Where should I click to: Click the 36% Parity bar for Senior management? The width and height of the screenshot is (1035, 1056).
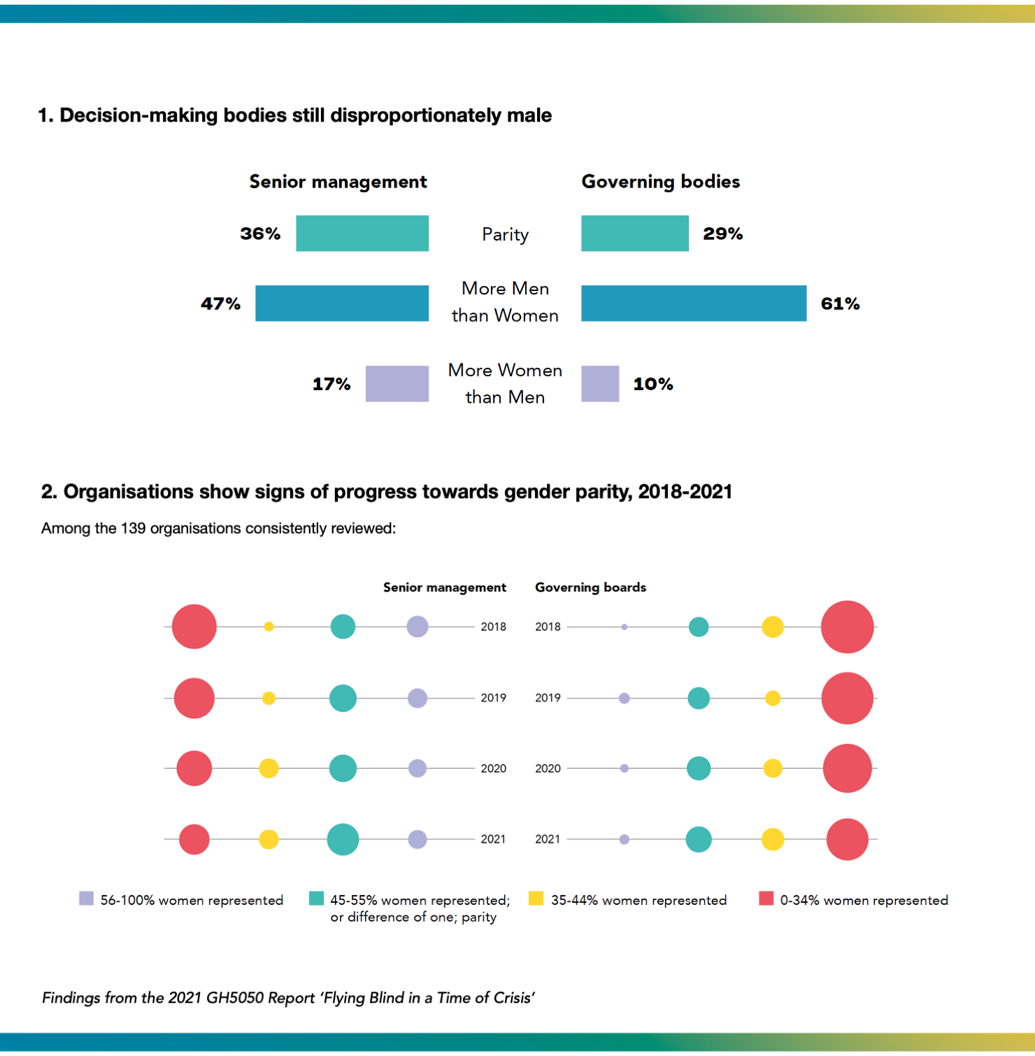(x=362, y=233)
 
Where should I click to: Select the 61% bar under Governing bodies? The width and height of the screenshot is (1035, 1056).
(x=694, y=303)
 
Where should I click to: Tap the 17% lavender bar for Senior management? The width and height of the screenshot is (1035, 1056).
(x=397, y=383)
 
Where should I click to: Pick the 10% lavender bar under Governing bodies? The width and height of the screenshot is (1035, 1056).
(x=600, y=383)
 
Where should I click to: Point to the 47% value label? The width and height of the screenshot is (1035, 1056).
(x=220, y=304)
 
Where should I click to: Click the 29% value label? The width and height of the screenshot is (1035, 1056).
(x=722, y=234)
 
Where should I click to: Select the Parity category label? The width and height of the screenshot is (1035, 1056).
(x=505, y=234)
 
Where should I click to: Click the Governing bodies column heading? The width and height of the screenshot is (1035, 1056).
(x=660, y=182)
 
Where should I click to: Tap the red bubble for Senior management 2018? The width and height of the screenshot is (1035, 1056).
(x=194, y=627)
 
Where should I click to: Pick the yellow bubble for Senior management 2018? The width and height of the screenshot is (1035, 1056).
(x=269, y=627)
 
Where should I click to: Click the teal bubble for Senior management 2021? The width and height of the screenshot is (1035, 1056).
(x=343, y=839)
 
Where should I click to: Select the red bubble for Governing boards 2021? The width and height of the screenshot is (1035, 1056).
(x=847, y=839)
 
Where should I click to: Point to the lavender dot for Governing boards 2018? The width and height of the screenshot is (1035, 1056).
(x=624, y=627)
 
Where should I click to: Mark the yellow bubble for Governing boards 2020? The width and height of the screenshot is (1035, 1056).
(x=773, y=769)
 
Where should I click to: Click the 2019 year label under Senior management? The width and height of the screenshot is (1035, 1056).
(x=493, y=698)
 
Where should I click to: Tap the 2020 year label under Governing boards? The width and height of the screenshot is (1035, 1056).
(x=548, y=769)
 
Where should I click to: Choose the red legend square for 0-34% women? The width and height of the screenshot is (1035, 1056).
(x=766, y=899)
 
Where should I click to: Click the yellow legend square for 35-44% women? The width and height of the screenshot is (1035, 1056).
(x=536, y=899)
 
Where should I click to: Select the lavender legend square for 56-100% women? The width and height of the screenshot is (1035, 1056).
(x=87, y=899)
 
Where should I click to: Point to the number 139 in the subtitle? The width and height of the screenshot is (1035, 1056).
(x=133, y=529)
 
